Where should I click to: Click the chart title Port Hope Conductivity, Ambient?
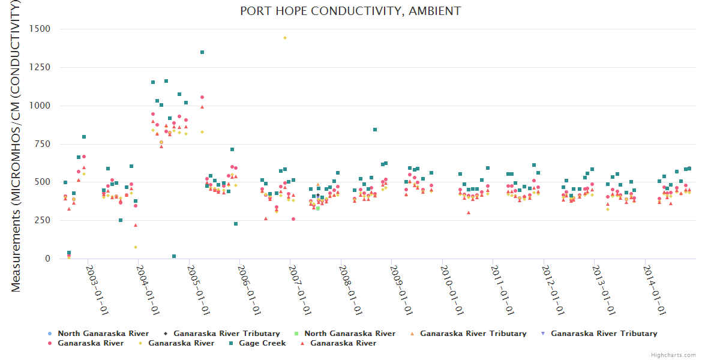click(x=350, y=11)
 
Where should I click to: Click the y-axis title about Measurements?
click(x=16, y=146)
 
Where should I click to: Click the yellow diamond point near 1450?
click(x=285, y=38)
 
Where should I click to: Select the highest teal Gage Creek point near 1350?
click(x=202, y=52)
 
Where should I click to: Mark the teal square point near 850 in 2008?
click(x=375, y=130)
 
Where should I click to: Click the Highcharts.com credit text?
click(x=674, y=355)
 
